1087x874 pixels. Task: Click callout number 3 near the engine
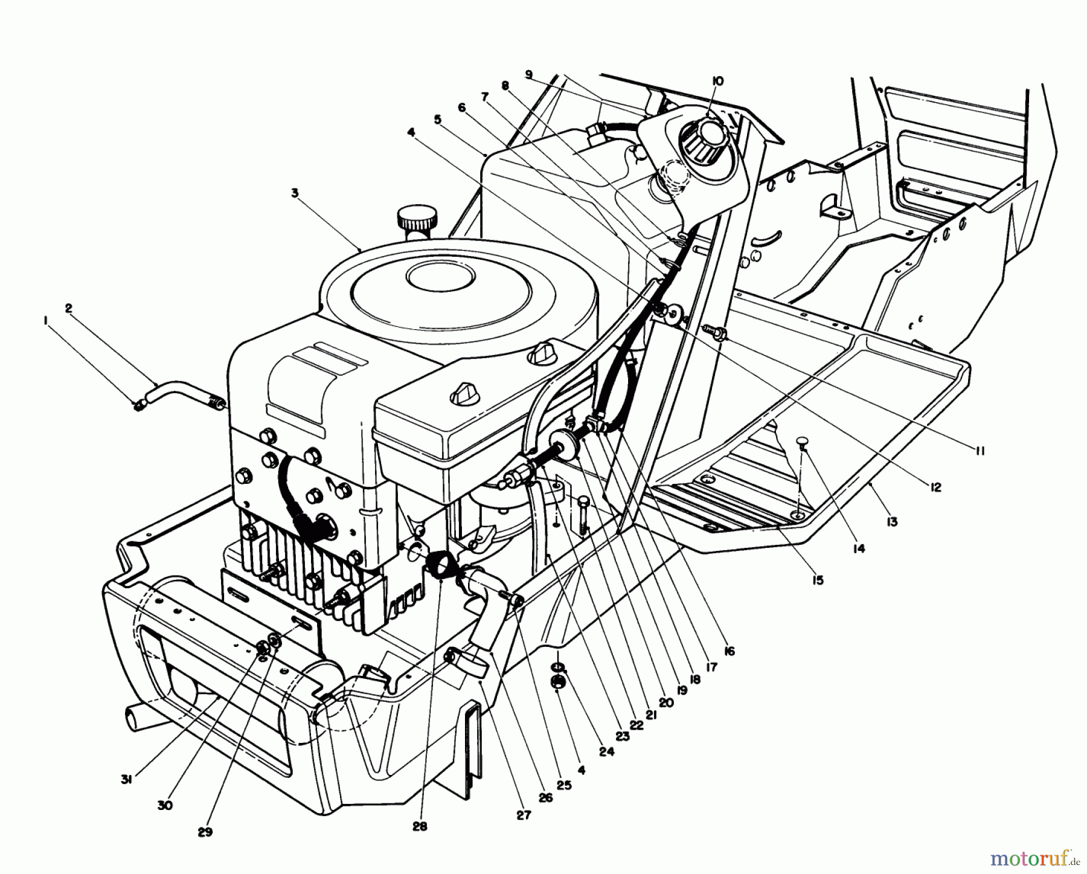pos(293,193)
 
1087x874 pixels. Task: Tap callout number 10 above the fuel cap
pos(717,81)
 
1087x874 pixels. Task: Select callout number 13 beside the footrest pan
pos(892,522)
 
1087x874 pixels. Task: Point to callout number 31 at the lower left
pos(126,780)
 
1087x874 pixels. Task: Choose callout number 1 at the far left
pos(46,323)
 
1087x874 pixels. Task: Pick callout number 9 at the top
pos(529,74)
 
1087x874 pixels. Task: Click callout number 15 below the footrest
pos(818,580)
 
